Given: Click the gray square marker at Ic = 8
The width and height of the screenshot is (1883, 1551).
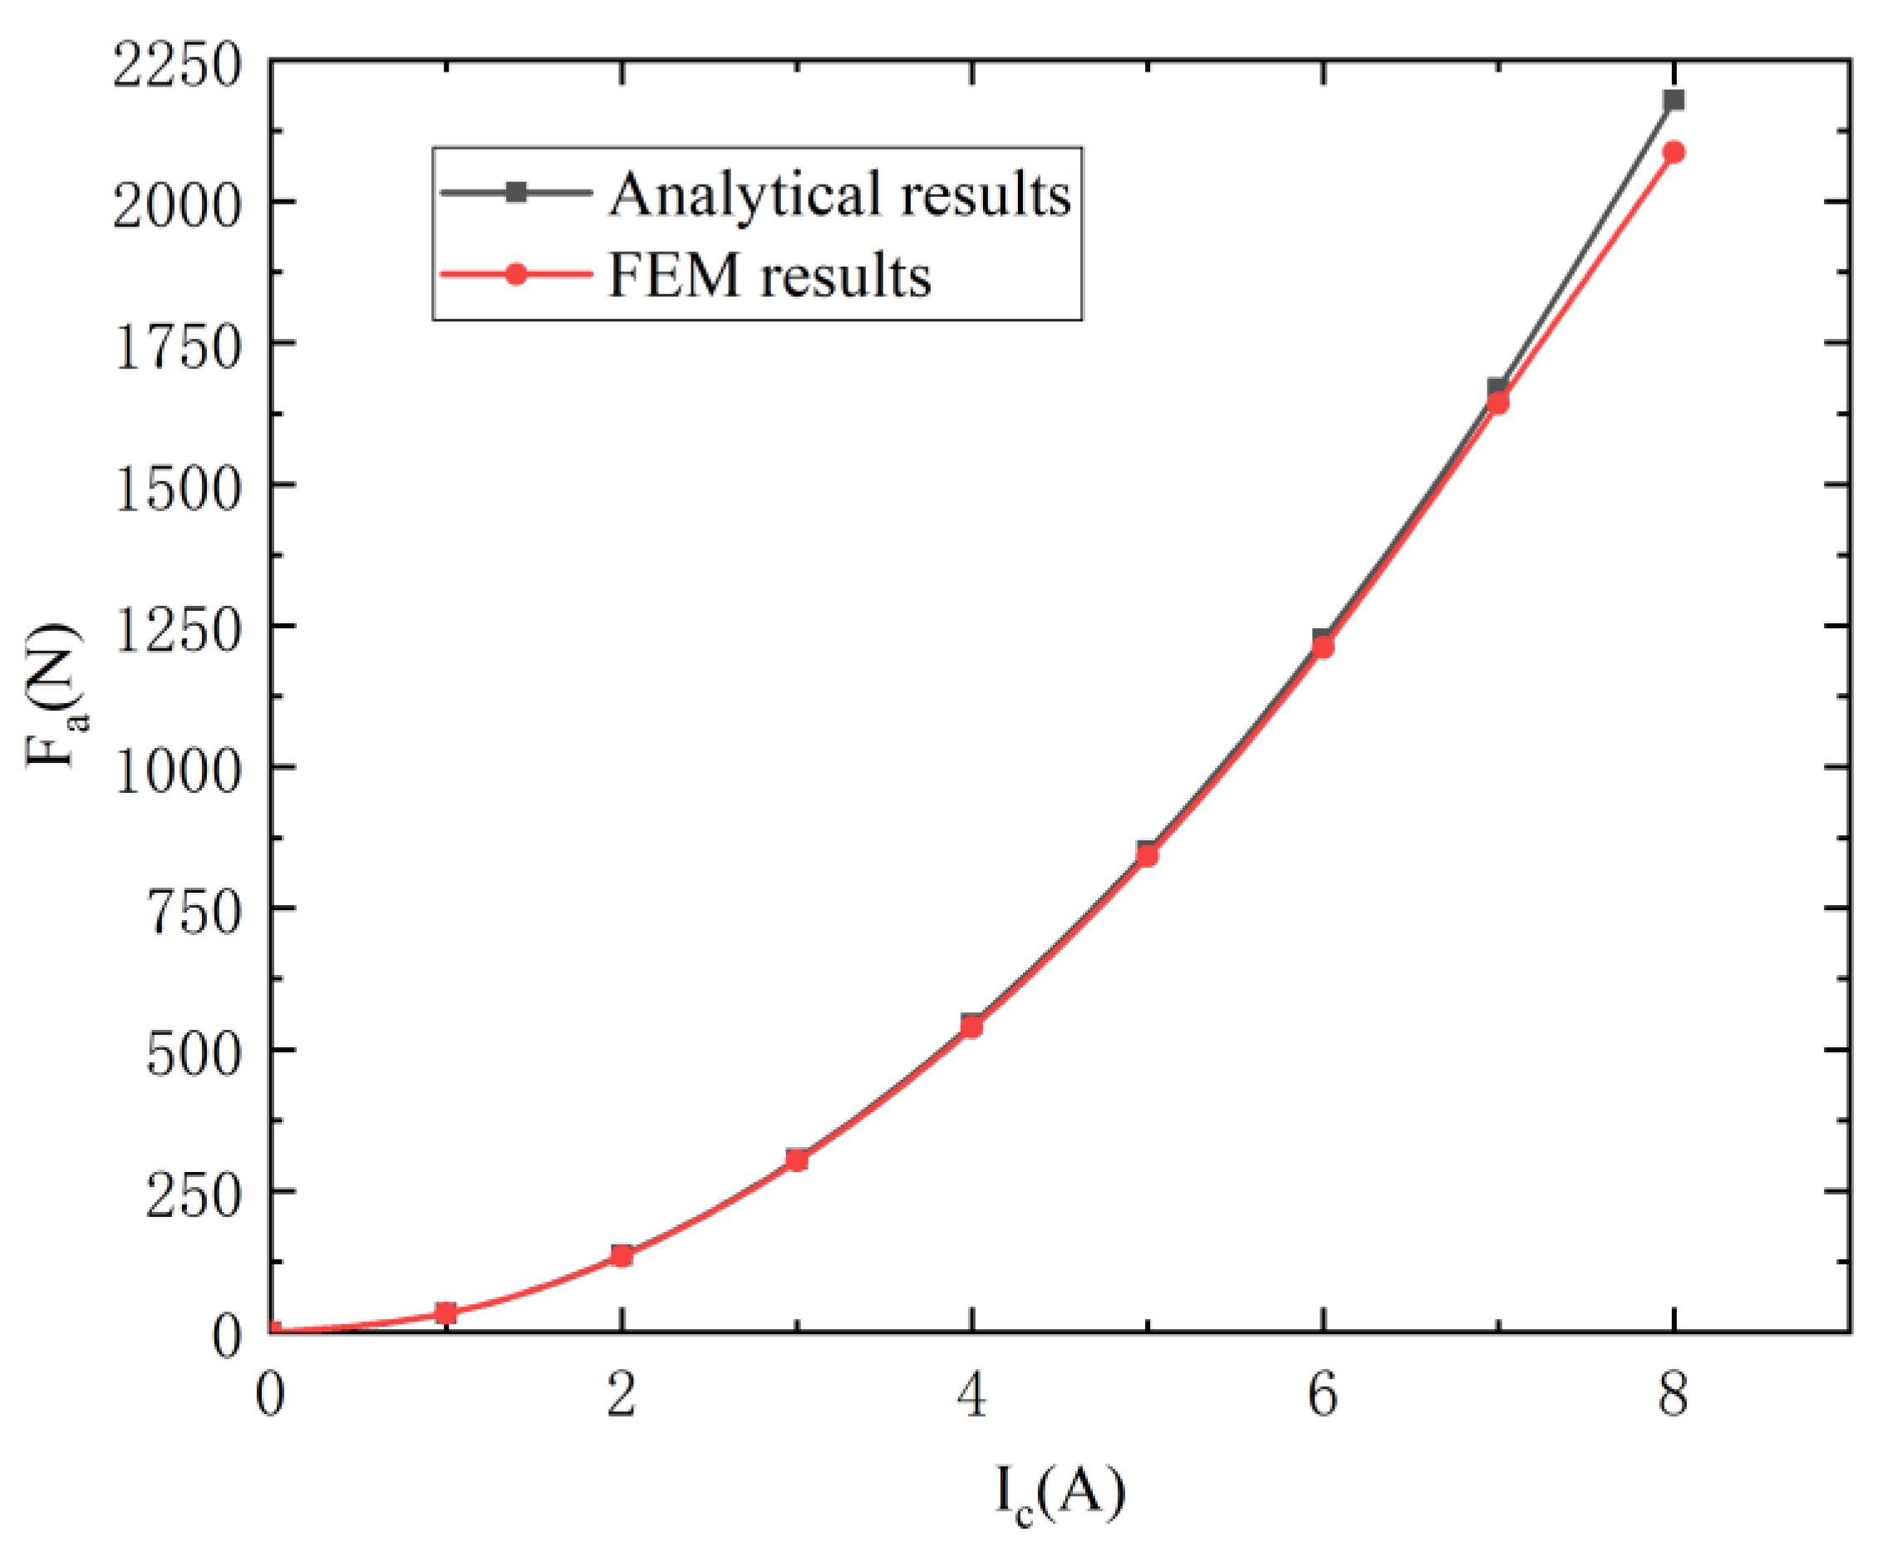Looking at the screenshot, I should (x=1673, y=100).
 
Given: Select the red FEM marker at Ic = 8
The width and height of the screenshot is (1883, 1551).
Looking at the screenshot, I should (x=1673, y=153).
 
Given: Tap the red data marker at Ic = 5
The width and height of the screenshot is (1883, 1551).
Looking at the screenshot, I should (x=1147, y=855).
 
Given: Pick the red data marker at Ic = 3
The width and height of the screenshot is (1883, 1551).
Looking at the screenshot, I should (x=797, y=1160).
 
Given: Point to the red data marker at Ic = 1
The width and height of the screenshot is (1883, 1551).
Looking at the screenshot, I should (x=445, y=1312).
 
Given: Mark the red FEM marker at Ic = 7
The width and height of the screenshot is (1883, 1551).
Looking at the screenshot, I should (x=1498, y=403).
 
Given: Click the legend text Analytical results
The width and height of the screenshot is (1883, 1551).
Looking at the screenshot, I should (x=839, y=194).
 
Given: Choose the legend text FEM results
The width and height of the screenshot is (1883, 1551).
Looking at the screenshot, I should (x=770, y=275).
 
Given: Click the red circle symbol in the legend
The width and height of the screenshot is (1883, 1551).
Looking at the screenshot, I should (x=515, y=274).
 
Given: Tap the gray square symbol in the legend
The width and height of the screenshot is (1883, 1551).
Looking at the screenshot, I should (x=515, y=192).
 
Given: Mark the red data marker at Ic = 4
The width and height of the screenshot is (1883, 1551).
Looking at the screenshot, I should (x=972, y=1027).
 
